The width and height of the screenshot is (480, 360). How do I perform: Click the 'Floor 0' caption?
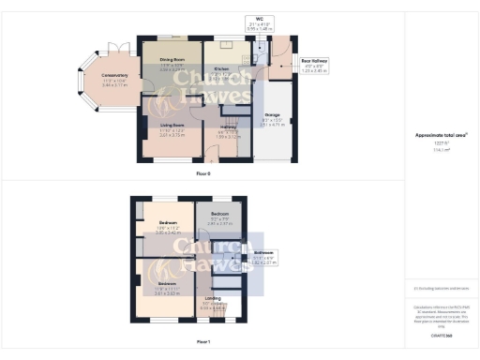pos(202,175)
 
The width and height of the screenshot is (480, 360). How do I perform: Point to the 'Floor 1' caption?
pos(203,343)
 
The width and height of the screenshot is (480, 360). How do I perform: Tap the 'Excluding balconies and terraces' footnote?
pos(442,288)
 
